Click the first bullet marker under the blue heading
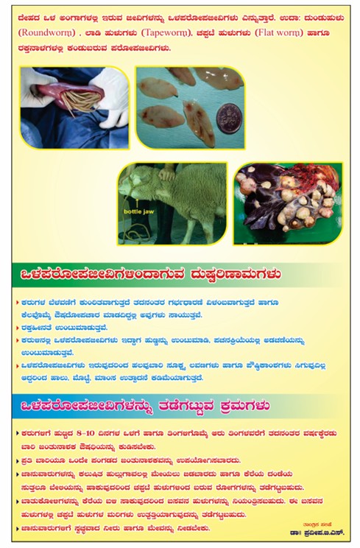[x=18, y=434]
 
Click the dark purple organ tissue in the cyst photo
[x=265, y=214]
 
